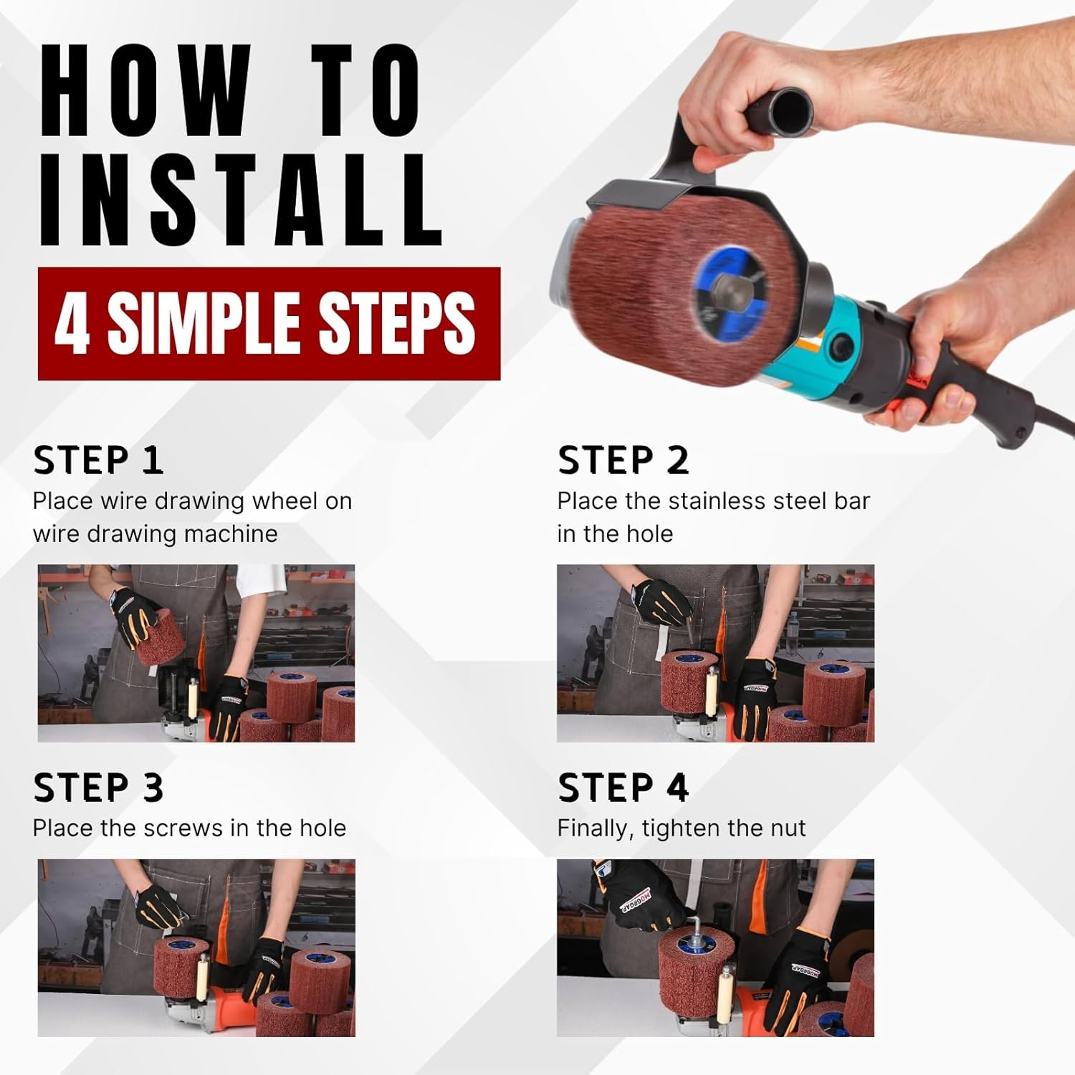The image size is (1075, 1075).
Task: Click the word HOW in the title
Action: [x=147, y=90]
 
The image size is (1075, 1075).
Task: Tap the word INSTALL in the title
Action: [x=241, y=201]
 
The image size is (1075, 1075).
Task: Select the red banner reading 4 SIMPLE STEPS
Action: [x=269, y=323]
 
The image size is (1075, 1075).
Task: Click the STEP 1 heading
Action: [x=98, y=460]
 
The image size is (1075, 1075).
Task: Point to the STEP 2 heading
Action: [x=623, y=460]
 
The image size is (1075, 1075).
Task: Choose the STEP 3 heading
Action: [x=98, y=788]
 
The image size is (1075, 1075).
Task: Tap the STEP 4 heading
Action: [x=623, y=788]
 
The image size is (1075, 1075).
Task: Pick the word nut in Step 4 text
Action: [x=788, y=829]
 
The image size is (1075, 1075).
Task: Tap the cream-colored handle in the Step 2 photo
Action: [x=712, y=690]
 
